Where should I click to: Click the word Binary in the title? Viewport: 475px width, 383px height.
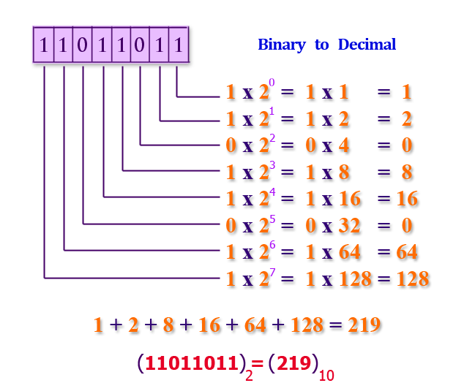click(281, 45)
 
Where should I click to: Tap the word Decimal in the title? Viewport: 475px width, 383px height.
click(367, 45)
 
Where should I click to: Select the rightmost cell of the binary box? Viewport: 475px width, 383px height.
click(178, 46)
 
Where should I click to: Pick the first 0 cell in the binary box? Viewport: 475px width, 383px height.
click(82, 46)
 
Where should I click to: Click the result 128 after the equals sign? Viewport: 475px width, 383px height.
click(412, 278)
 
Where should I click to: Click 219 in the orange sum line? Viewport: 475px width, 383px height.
click(363, 325)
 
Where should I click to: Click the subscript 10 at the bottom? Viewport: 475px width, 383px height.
click(326, 375)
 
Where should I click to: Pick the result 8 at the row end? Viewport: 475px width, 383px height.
click(407, 172)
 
